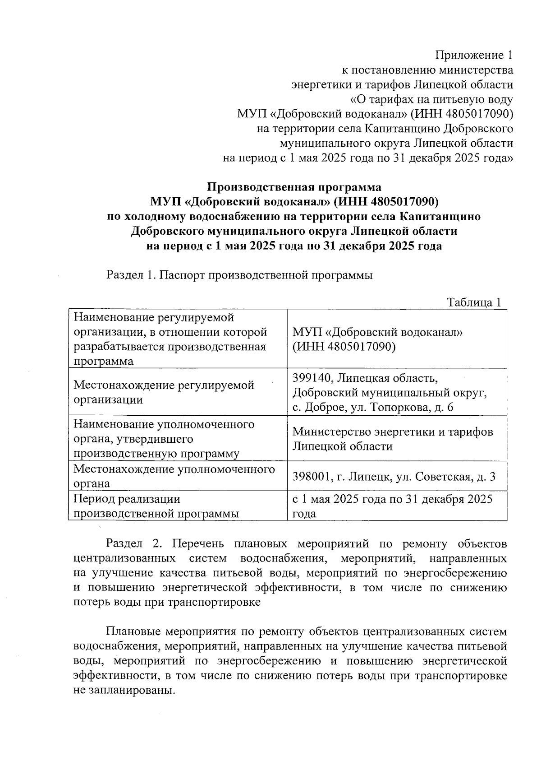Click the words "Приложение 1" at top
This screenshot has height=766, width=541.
(x=474, y=56)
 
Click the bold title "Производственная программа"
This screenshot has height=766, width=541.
(x=294, y=187)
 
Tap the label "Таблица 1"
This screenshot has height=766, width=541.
(x=474, y=302)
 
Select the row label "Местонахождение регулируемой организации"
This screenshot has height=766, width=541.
(x=164, y=392)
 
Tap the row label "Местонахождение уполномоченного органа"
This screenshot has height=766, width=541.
(x=174, y=476)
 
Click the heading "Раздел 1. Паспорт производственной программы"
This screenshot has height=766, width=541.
(x=239, y=275)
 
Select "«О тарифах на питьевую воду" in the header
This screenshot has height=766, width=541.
(x=431, y=99)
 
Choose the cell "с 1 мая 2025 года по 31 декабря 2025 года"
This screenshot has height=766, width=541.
(x=392, y=506)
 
